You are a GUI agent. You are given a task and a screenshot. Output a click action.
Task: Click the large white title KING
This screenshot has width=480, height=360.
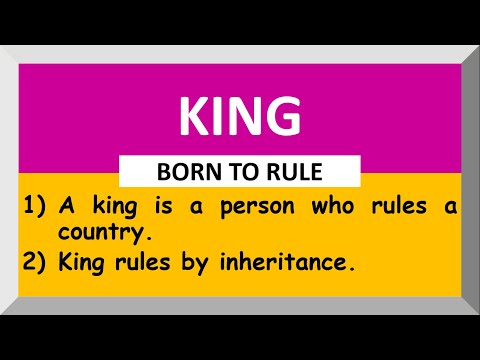[239, 117]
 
